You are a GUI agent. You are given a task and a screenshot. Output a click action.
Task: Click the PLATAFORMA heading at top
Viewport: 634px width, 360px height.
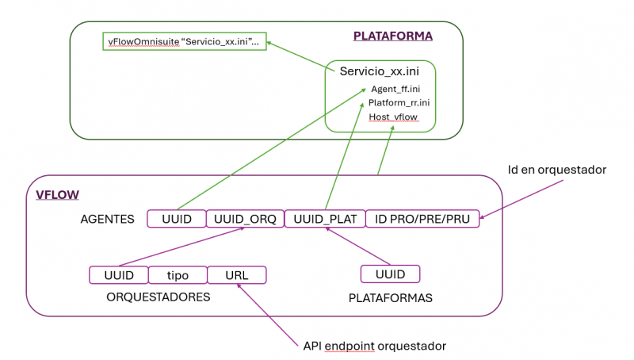click(x=392, y=36)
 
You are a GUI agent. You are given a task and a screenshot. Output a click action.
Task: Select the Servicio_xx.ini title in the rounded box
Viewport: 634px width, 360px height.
click(x=380, y=71)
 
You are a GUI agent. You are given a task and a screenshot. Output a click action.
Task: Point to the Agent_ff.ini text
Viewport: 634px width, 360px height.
click(x=395, y=89)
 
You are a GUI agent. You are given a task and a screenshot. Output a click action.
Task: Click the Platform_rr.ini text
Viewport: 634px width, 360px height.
click(x=399, y=103)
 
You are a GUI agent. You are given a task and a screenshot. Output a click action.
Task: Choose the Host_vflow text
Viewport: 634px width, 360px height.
click(x=393, y=117)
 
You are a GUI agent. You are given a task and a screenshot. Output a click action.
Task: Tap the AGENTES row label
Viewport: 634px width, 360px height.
click(x=108, y=219)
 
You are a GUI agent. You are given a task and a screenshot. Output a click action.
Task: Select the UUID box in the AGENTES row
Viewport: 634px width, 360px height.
click(x=176, y=219)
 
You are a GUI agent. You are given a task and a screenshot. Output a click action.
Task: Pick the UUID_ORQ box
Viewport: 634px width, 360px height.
click(x=243, y=219)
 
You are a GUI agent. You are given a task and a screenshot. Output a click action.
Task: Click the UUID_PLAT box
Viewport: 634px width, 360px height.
click(x=323, y=219)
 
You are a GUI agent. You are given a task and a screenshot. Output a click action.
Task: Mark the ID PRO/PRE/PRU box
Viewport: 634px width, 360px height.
click(x=422, y=219)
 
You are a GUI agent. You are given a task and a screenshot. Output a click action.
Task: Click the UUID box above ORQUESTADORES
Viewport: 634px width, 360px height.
click(x=119, y=275)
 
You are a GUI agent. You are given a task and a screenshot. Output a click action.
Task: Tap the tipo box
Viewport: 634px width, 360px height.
click(x=178, y=275)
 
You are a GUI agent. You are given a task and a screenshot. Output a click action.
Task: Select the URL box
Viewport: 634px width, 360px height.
click(x=236, y=275)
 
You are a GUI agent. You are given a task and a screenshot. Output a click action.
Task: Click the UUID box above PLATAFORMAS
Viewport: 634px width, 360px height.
click(x=390, y=274)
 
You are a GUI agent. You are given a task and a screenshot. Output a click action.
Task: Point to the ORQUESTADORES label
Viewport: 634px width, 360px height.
click(x=158, y=297)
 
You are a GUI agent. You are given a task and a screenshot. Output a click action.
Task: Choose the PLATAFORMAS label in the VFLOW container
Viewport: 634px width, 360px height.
click(x=389, y=297)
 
